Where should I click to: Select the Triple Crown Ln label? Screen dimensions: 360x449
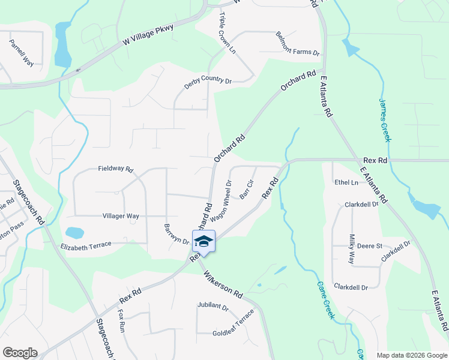coord(228,33)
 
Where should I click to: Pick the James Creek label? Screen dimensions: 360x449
coord(385,120)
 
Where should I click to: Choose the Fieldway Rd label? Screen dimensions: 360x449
coord(115,169)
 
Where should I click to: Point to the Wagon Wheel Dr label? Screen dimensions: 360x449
coord(221,200)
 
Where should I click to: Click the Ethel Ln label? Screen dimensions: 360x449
coord(346,182)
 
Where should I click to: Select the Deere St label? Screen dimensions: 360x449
coord(370,246)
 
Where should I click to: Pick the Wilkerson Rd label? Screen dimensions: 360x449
coord(223,286)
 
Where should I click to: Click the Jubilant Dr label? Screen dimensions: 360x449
coord(213,307)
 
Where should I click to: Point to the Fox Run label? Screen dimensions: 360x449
coord(121,321)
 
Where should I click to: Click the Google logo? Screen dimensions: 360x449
coord(20,353)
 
